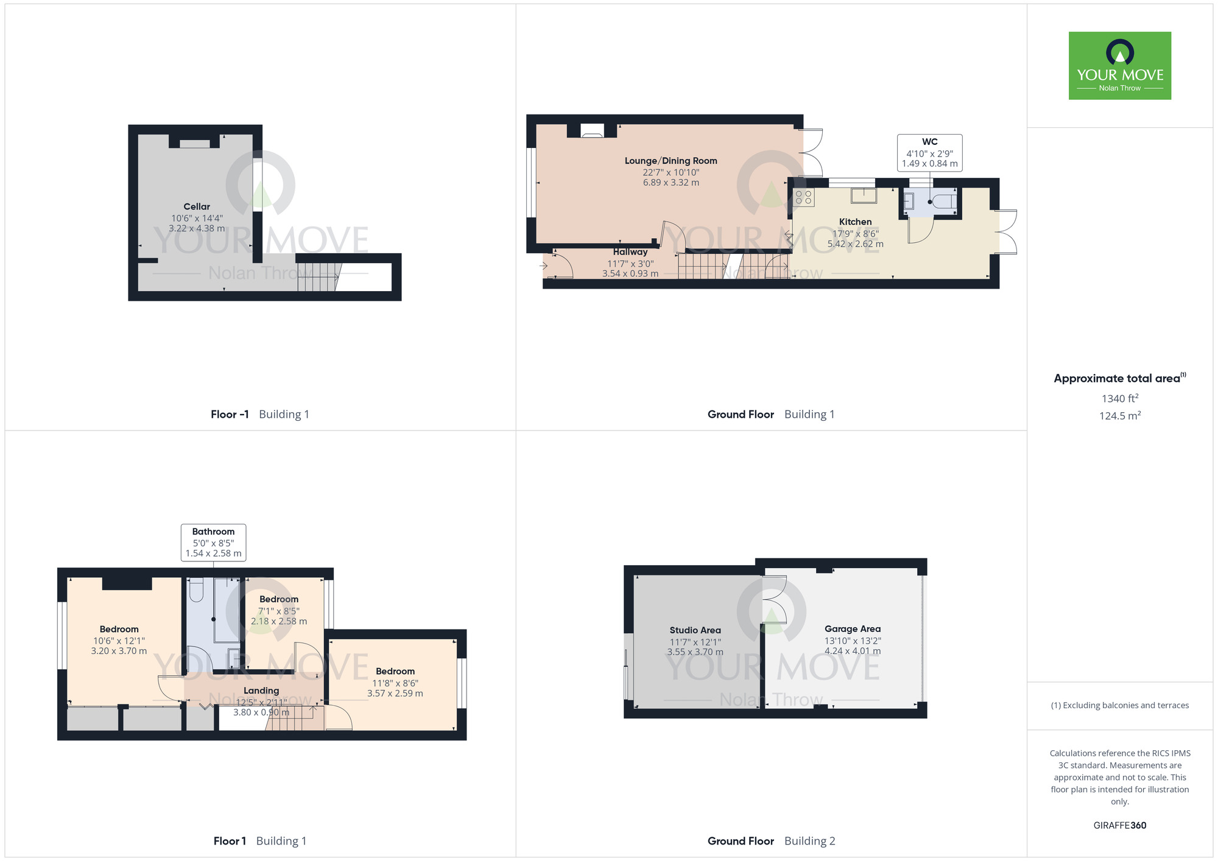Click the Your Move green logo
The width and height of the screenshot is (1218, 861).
pos(1119,66)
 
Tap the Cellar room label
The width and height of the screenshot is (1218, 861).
pos(197,207)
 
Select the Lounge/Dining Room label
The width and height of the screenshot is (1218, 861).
pos(671,161)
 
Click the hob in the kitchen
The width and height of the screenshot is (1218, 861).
pos(804,197)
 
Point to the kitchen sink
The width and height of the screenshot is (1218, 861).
pos(864,195)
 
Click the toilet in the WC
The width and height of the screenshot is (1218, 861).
pos(945,201)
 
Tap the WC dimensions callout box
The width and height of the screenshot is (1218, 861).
pos(929,153)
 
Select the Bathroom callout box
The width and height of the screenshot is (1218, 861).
pos(213,542)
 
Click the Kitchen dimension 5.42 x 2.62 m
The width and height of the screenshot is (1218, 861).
pos(855,244)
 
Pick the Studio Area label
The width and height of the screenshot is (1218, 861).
pos(695,630)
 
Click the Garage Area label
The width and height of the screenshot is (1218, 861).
pos(852,629)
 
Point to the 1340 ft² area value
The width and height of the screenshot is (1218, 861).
pos(1119,398)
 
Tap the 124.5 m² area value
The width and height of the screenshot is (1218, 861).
pos(1119,416)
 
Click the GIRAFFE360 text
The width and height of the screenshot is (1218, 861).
pos(1119,826)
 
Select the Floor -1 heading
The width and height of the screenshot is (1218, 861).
pos(230,415)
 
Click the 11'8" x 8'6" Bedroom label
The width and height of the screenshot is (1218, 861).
pos(395,671)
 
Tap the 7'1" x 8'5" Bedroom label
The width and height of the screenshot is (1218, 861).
pos(279,599)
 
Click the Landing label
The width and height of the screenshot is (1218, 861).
pos(261,691)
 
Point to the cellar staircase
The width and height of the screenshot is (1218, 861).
pos(318,277)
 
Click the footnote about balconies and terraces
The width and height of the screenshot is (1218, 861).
pos(1119,706)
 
